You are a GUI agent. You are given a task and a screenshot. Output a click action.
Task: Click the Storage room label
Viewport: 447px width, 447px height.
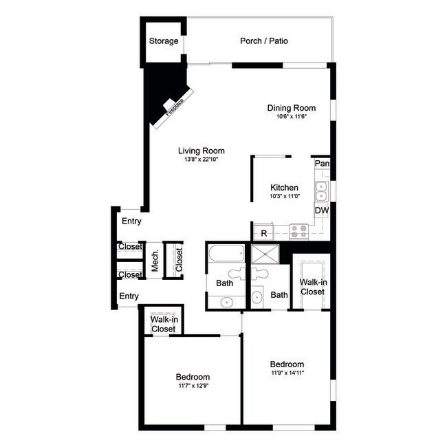[x=164, y=41]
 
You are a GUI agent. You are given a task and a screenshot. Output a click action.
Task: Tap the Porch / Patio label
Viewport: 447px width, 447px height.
[x=264, y=41]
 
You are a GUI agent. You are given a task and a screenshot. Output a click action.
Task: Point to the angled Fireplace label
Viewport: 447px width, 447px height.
[x=173, y=107]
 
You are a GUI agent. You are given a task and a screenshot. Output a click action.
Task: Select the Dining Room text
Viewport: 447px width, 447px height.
[x=291, y=108]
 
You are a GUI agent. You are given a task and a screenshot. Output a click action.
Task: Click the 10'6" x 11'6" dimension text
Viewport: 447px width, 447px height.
[x=291, y=117]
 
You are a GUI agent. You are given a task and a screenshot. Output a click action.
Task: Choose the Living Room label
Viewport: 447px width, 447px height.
[x=201, y=151]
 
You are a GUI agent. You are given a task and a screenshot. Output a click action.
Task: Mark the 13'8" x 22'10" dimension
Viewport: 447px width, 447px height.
[x=201, y=160]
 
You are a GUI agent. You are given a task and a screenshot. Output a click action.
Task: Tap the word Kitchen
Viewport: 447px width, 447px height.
[x=284, y=188]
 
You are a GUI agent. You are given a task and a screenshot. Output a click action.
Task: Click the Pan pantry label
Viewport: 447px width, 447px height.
[x=321, y=164]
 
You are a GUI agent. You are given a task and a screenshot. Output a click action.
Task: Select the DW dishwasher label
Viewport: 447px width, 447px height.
[x=321, y=210]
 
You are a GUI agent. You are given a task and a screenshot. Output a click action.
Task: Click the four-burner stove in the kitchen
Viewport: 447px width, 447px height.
[x=299, y=232]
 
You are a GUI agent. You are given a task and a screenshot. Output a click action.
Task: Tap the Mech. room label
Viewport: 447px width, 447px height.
[x=155, y=261]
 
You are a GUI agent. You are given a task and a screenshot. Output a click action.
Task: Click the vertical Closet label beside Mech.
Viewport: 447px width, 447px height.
[x=179, y=261]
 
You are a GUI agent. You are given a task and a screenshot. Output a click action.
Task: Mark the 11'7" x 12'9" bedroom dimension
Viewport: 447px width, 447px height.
[x=193, y=386]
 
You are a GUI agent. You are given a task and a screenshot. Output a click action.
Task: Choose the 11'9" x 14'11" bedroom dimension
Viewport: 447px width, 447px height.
[x=287, y=373]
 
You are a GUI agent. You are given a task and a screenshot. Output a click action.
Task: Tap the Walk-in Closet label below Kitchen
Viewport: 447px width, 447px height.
[x=312, y=286]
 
